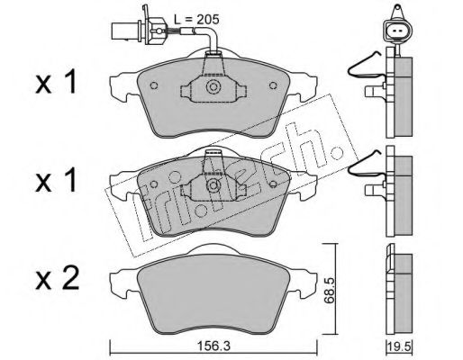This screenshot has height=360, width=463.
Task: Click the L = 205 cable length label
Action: coord(197,20)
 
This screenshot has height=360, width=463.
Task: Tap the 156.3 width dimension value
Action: coord(213,346)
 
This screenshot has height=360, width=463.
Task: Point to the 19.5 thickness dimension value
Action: coord(399,347)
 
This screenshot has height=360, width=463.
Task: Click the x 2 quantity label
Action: coord(57,278)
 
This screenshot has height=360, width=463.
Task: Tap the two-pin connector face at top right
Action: coord(397,31)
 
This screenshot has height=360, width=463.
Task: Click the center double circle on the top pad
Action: coord(213,87)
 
